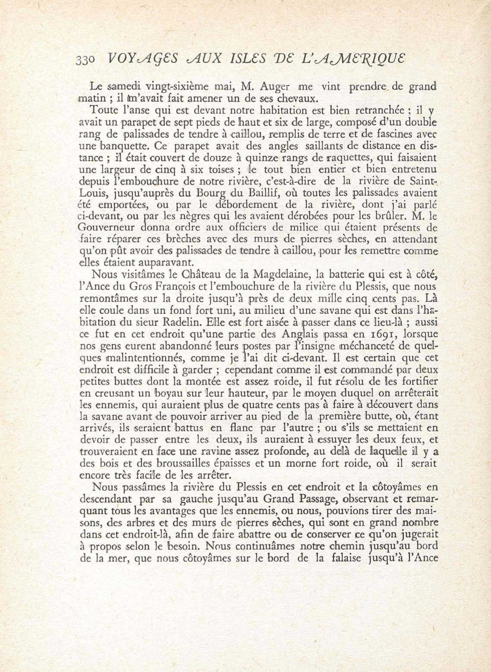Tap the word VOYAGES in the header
coord(142,59)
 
